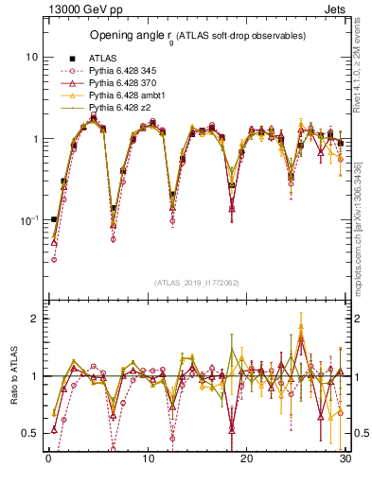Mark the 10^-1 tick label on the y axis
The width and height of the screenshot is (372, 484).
coord(29,220)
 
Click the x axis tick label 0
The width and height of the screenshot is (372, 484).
coord(48,459)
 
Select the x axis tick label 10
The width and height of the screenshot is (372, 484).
coord(148,459)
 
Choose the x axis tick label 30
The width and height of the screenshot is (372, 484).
coord(345,459)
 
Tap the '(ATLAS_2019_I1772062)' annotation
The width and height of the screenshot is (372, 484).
coord(196,282)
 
